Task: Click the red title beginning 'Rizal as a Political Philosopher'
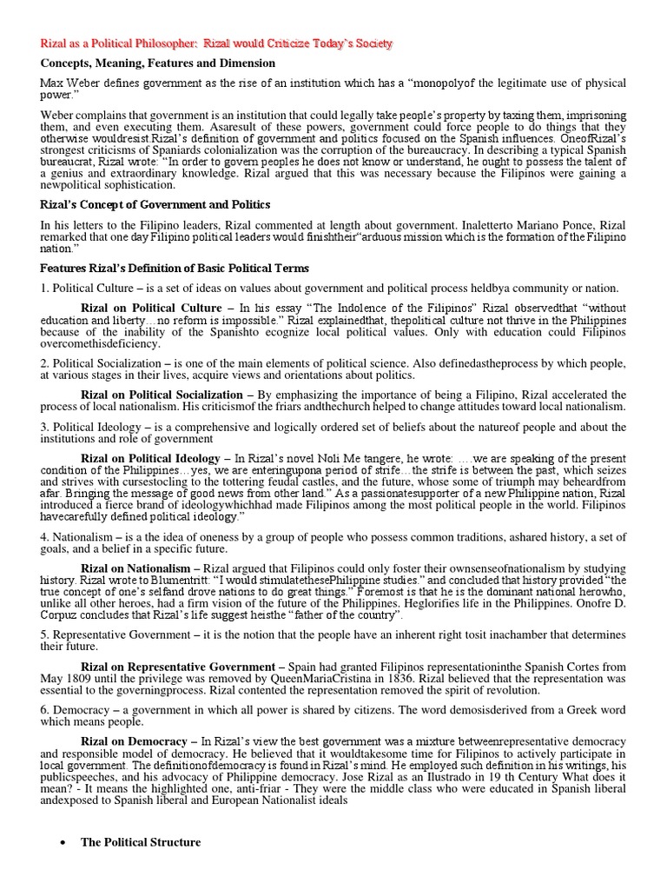(x=218, y=43)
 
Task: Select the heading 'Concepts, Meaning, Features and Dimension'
(x=158, y=63)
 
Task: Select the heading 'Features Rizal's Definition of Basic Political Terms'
(x=175, y=268)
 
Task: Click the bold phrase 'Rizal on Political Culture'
(x=151, y=308)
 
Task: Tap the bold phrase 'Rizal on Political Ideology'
(x=151, y=458)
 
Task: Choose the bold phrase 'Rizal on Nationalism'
(x=135, y=568)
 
